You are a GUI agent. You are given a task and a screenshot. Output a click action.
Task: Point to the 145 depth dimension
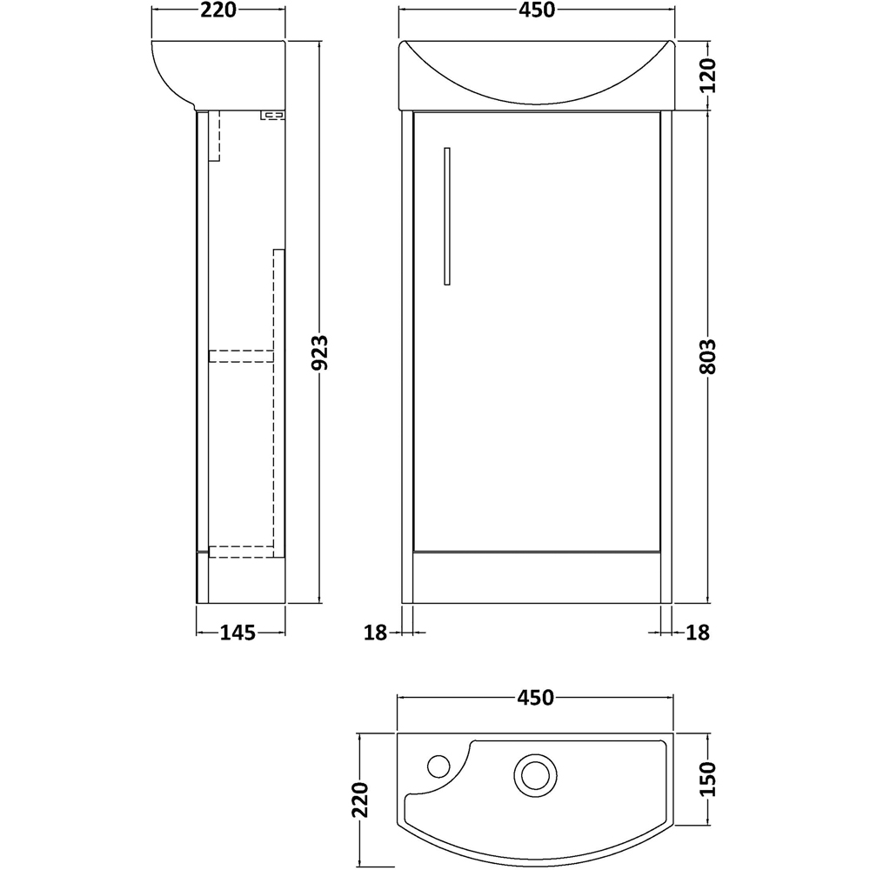238,632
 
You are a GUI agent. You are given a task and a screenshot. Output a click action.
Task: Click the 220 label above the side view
218,11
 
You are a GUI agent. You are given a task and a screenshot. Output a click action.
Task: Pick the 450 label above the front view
536,11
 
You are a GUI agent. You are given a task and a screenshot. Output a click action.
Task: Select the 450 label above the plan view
536,697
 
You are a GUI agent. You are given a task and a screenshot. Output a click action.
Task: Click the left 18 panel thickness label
375,632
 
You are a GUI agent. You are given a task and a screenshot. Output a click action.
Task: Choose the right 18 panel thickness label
699,632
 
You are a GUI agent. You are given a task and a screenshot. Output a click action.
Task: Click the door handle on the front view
447,216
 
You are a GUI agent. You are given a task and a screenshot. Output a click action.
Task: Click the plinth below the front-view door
536,578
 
